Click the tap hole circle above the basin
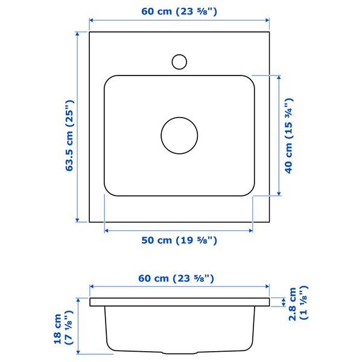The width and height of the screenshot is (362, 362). coord(179,61)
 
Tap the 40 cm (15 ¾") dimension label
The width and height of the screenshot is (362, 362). coord(289,135)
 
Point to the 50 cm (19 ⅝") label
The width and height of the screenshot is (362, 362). coord(179,240)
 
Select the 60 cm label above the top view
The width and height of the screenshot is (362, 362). coord(179,10)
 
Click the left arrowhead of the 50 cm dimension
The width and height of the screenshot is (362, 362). coord(107,230)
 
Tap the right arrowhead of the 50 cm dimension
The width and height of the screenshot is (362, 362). coord(250,230)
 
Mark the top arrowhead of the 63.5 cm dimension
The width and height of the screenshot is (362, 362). coord(78,34)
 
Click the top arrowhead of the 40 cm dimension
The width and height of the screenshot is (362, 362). coord(279,78)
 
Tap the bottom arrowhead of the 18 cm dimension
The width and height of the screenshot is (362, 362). coord(78,351)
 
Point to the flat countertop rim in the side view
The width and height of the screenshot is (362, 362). coord(179,302)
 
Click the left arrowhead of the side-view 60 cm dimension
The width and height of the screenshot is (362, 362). coord(92,288)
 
